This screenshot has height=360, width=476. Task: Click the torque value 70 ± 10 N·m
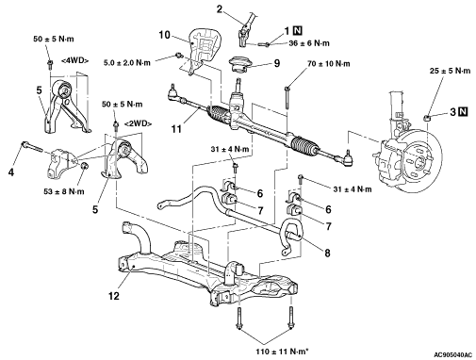coord(329,64)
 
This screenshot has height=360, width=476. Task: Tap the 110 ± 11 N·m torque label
coord(281,352)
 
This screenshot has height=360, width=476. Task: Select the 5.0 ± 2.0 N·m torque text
coord(127,63)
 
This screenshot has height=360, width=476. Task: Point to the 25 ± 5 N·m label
coord(450,71)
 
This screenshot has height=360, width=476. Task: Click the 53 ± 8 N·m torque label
coord(64,191)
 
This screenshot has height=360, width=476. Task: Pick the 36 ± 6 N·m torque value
coord(309,43)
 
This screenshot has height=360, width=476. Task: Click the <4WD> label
coord(74,61)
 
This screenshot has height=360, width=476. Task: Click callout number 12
coord(114,296)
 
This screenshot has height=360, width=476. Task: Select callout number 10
coord(164,35)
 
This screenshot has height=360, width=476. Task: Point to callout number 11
coord(176,128)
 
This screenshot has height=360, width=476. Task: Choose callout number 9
coord(277,63)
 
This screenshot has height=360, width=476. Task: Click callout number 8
coord(327,253)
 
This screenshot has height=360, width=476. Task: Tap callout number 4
coord(11,172)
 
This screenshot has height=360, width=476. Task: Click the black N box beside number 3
coord(463,111)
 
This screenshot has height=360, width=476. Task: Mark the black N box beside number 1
coord(297,30)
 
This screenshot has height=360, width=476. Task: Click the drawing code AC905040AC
coord(453,355)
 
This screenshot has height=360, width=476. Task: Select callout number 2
coord(219,9)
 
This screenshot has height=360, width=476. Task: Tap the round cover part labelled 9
coord(240,64)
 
